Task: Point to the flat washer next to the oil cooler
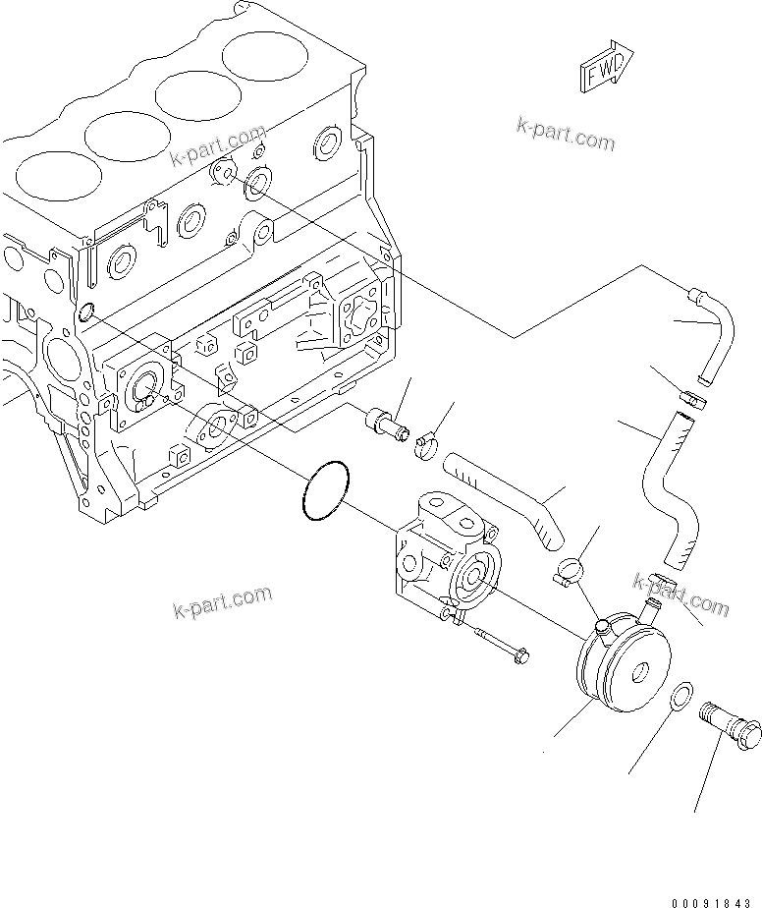[679, 699]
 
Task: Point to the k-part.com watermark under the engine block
[222, 602]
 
